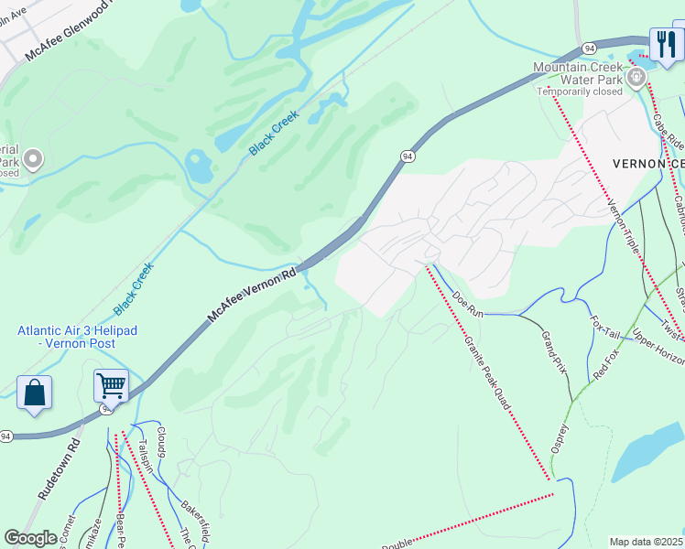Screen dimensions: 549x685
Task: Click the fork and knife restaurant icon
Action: coord(665,44)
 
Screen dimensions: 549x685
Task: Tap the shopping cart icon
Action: coord(111,387)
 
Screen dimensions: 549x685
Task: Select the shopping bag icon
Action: coord(34,393)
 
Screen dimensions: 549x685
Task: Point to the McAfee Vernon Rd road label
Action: coord(252,294)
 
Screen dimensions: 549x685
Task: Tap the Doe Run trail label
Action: coord(467,305)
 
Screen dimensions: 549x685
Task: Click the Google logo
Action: coord(31,538)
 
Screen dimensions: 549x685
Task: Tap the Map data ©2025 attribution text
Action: coord(646,542)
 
